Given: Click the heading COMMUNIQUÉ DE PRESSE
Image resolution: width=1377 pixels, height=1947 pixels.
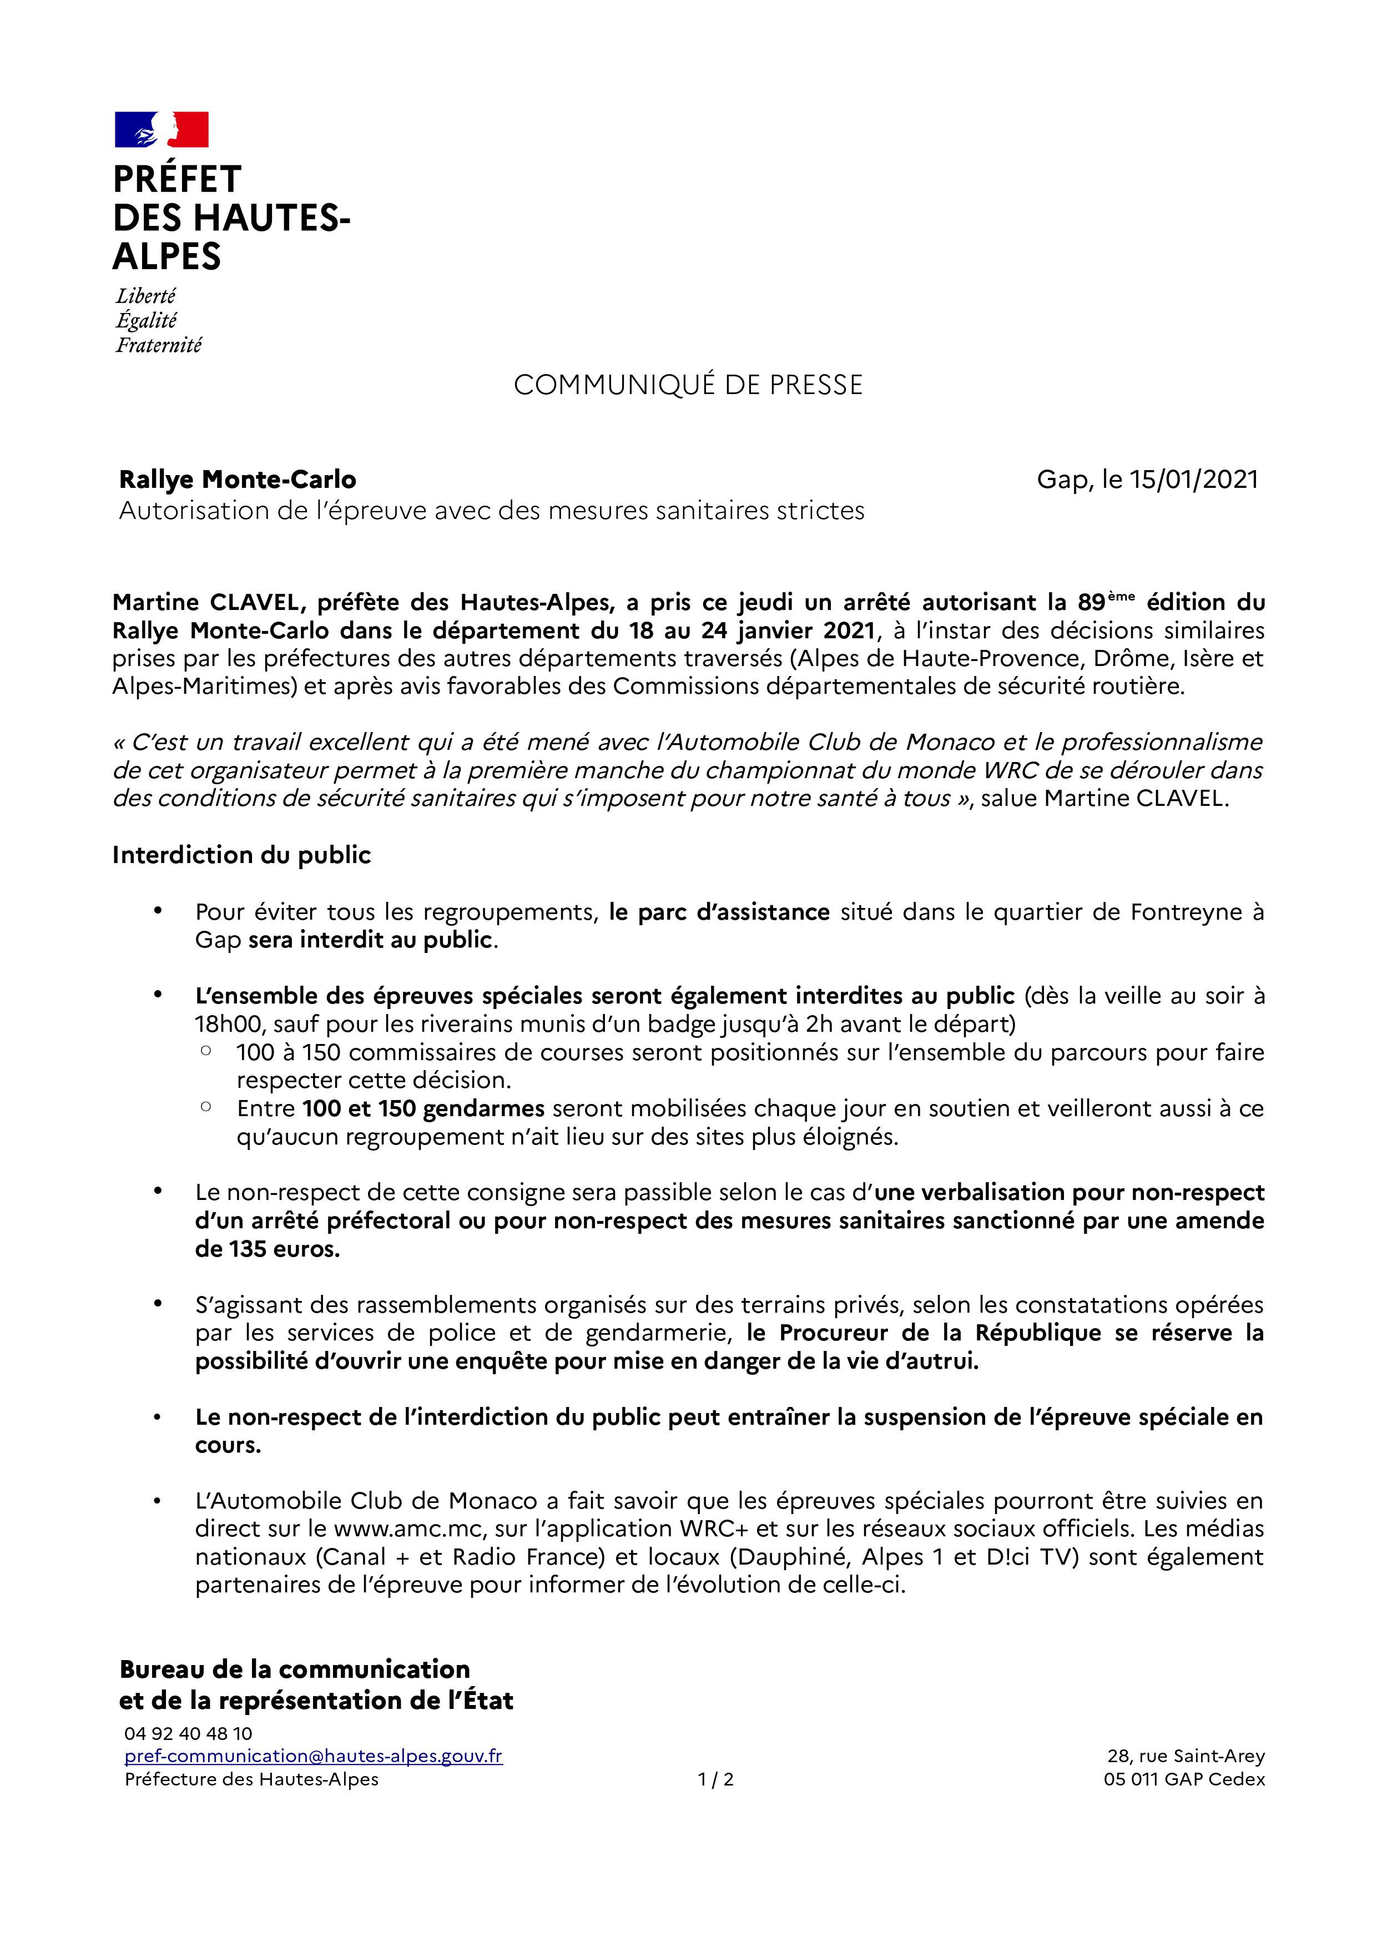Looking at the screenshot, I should pos(688,385).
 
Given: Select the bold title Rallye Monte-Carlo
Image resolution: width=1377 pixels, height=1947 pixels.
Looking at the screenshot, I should pos(238,480).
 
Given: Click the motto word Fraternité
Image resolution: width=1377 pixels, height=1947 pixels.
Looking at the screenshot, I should pos(159,345).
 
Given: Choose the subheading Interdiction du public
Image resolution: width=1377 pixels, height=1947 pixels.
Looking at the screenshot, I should pos(241,855).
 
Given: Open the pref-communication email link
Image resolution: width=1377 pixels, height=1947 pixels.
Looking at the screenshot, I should pos(313,1756).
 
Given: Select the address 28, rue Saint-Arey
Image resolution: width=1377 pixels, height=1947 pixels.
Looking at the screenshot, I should pos(1186,1756).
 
